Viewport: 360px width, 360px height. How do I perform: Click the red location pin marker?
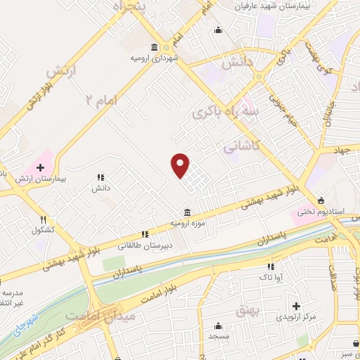181,165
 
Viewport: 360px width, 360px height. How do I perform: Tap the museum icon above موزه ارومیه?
186,212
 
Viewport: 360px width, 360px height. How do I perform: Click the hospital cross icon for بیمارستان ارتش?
40,168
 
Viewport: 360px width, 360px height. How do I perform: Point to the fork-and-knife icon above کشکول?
43,219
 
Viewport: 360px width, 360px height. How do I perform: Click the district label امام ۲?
101,101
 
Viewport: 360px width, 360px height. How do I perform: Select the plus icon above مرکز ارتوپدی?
297,307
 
